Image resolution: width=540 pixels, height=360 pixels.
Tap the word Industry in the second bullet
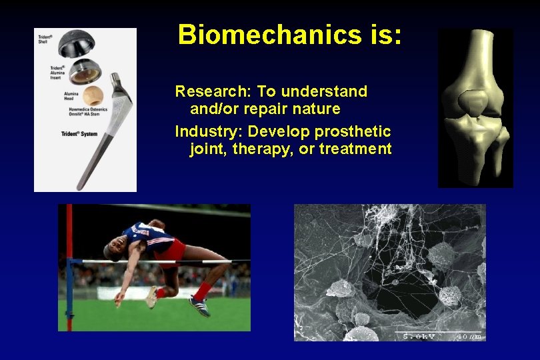(x=201, y=131)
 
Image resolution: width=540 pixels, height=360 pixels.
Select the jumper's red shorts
(x=173, y=250)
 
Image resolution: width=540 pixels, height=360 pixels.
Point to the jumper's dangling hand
(x=119, y=299)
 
